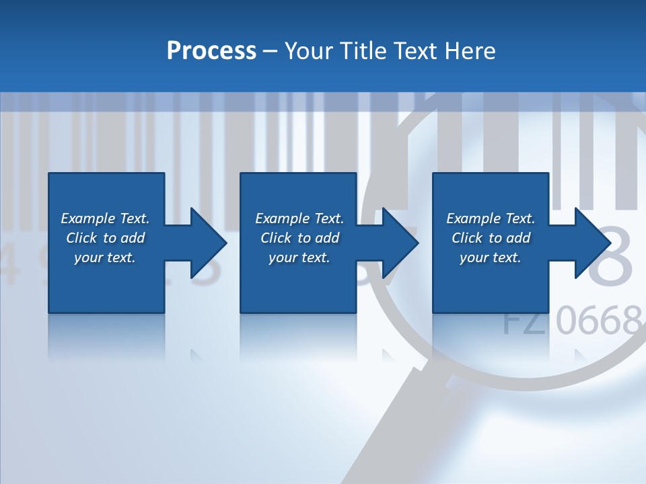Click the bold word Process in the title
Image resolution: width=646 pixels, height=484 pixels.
(211, 50)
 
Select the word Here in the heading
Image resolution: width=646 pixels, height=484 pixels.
(470, 50)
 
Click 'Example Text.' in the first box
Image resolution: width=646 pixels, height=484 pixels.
(105, 218)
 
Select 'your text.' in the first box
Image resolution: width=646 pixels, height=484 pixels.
(105, 257)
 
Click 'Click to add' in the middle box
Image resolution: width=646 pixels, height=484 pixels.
(299, 238)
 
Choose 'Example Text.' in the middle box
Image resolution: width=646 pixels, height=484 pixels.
(299, 218)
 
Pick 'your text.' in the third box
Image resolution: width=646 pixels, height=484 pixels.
(491, 257)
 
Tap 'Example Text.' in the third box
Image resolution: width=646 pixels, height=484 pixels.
(491, 218)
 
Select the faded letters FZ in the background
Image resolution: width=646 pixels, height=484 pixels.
(526, 321)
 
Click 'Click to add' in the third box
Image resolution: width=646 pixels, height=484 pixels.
(491, 238)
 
